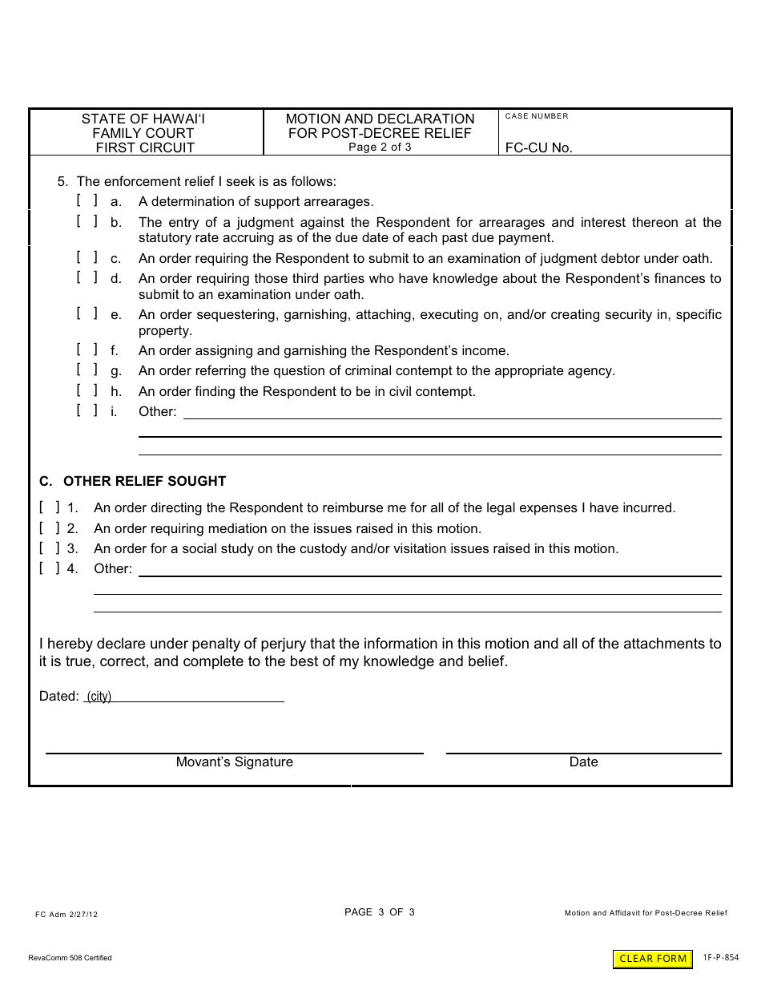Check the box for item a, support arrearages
[87, 201]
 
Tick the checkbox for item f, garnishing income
[87, 350]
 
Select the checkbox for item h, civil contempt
[87, 390]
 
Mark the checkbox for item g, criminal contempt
[87, 370]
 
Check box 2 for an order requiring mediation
[49, 528]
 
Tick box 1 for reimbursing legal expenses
[49, 507]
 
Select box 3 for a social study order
[49, 548]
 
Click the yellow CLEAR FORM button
[653, 959]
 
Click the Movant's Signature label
[234, 762]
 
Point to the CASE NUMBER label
[536, 116]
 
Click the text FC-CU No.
[538, 148]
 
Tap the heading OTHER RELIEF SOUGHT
[144, 482]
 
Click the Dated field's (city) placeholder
[99, 697]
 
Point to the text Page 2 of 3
[380, 147]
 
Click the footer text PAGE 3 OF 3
[379, 912]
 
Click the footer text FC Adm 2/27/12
[66, 914]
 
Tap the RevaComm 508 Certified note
[70, 958]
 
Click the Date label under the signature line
[583, 762]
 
